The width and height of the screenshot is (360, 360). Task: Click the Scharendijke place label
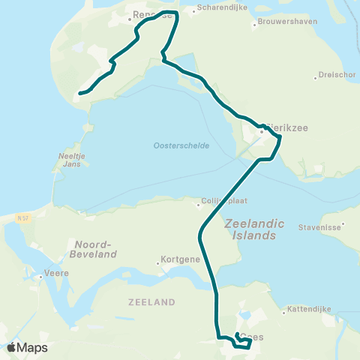coord(217,10)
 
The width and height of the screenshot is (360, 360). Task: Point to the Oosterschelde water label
coord(181,145)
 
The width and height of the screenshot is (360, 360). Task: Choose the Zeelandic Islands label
coord(250,229)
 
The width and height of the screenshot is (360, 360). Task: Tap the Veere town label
coord(57,274)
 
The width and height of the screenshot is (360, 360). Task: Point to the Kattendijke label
coord(309,309)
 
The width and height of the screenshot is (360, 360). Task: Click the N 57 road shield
coord(23,217)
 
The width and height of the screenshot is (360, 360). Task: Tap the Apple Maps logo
coord(27,347)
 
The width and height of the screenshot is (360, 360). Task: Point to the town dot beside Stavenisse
coord(342,223)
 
